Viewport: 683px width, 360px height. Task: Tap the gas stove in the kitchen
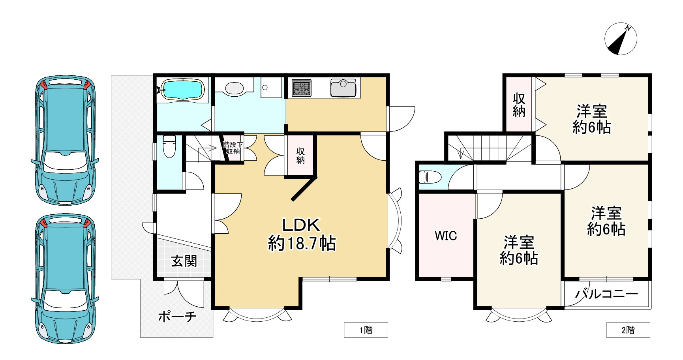[x=301, y=88]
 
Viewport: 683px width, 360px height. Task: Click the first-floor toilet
[x=169, y=146]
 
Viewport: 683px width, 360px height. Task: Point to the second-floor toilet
[x=429, y=177]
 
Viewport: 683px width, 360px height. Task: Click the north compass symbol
[x=621, y=39]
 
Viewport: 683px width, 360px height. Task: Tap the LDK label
[x=300, y=225]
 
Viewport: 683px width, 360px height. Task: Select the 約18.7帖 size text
[x=302, y=243]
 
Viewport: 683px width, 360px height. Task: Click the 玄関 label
[x=184, y=261]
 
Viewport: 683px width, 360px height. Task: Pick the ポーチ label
[x=177, y=316]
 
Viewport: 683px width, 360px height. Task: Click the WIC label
[x=446, y=236]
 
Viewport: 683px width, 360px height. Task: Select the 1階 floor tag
[x=366, y=330]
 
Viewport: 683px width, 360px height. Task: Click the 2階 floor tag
[x=628, y=330]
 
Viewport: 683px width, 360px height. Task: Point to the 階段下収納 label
[x=233, y=148]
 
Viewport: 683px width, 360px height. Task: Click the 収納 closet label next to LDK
[x=300, y=156]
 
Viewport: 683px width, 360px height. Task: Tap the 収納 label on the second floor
[x=519, y=105]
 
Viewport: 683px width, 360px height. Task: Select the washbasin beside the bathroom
[x=235, y=88]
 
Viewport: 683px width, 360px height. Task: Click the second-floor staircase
[x=490, y=148]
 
